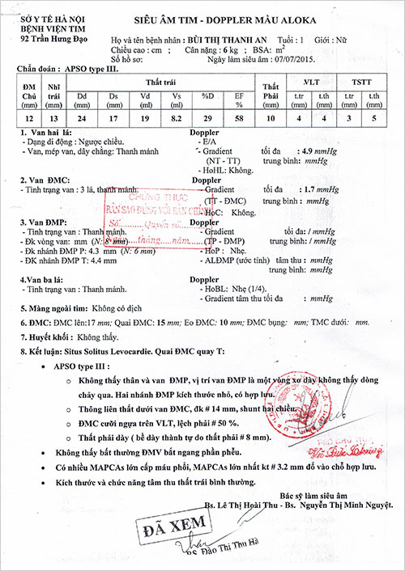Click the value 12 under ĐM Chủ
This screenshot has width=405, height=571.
pyautogui.click(x=29, y=118)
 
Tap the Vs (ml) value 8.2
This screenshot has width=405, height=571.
pyautogui.click(x=179, y=118)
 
